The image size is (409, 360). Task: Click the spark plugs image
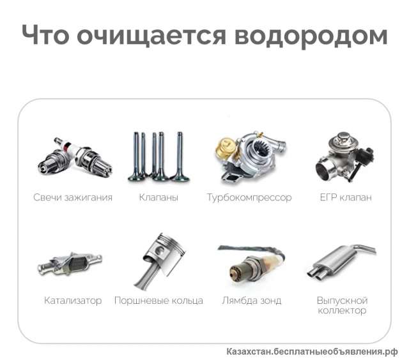(x=73, y=160)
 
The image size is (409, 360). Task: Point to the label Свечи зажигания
(x=73, y=197)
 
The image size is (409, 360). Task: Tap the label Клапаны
(x=158, y=197)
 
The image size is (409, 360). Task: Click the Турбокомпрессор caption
(x=249, y=197)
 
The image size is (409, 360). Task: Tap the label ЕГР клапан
(x=346, y=197)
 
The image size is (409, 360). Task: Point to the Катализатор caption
(x=73, y=300)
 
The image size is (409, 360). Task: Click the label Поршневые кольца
(x=158, y=300)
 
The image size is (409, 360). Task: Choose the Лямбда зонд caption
(x=251, y=300)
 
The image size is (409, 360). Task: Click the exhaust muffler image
(x=342, y=262)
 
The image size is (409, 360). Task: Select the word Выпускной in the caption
(x=342, y=300)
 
